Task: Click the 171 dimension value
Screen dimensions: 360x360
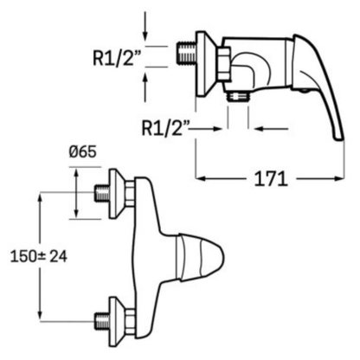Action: pos(271,179)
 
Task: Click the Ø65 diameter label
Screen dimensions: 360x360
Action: pos(82,151)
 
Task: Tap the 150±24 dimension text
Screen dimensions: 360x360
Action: pos(39,256)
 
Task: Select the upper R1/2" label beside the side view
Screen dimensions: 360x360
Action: pos(117,58)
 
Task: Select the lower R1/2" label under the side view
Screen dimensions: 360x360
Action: pos(165,128)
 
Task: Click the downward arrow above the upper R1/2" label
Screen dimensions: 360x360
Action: pos(145,27)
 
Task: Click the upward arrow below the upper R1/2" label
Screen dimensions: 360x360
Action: pos(145,87)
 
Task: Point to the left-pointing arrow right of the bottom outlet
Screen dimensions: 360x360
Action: pos(272,129)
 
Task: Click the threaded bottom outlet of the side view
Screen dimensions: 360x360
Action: pos(238,96)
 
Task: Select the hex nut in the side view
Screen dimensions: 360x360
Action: pos(224,64)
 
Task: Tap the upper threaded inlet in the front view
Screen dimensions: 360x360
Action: pos(102,193)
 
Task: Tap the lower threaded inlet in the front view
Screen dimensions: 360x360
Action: pos(102,320)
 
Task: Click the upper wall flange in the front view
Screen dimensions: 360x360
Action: pos(116,193)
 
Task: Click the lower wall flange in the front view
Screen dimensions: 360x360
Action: pos(116,320)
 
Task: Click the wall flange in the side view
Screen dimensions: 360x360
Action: pos(206,63)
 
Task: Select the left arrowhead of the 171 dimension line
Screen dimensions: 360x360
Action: pos(201,179)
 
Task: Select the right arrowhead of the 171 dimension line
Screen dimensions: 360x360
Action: pos(340,179)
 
